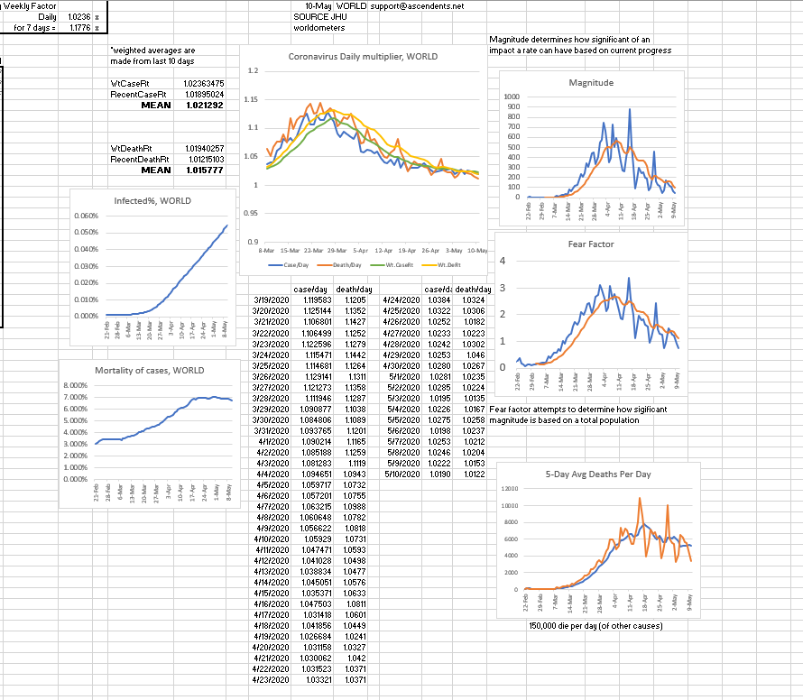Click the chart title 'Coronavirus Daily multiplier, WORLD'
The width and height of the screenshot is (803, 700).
click(363, 56)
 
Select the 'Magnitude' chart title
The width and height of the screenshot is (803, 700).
click(591, 82)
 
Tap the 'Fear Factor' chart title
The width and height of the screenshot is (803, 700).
click(591, 244)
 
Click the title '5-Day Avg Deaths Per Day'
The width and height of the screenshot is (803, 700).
click(598, 474)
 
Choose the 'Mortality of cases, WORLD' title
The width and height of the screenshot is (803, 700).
click(149, 370)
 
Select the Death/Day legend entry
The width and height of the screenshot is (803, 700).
click(344, 264)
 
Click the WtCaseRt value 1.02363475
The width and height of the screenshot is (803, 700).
click(203, 83)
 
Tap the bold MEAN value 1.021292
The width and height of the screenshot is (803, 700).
click(207, 105)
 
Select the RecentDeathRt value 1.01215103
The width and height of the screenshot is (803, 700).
click(203, 159)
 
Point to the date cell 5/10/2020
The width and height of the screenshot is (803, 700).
click(401, 473)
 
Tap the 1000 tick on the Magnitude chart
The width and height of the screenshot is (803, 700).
click(512, 97)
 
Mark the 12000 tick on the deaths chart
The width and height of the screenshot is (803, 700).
click(510, 488)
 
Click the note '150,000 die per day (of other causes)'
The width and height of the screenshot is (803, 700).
click(596, 625)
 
